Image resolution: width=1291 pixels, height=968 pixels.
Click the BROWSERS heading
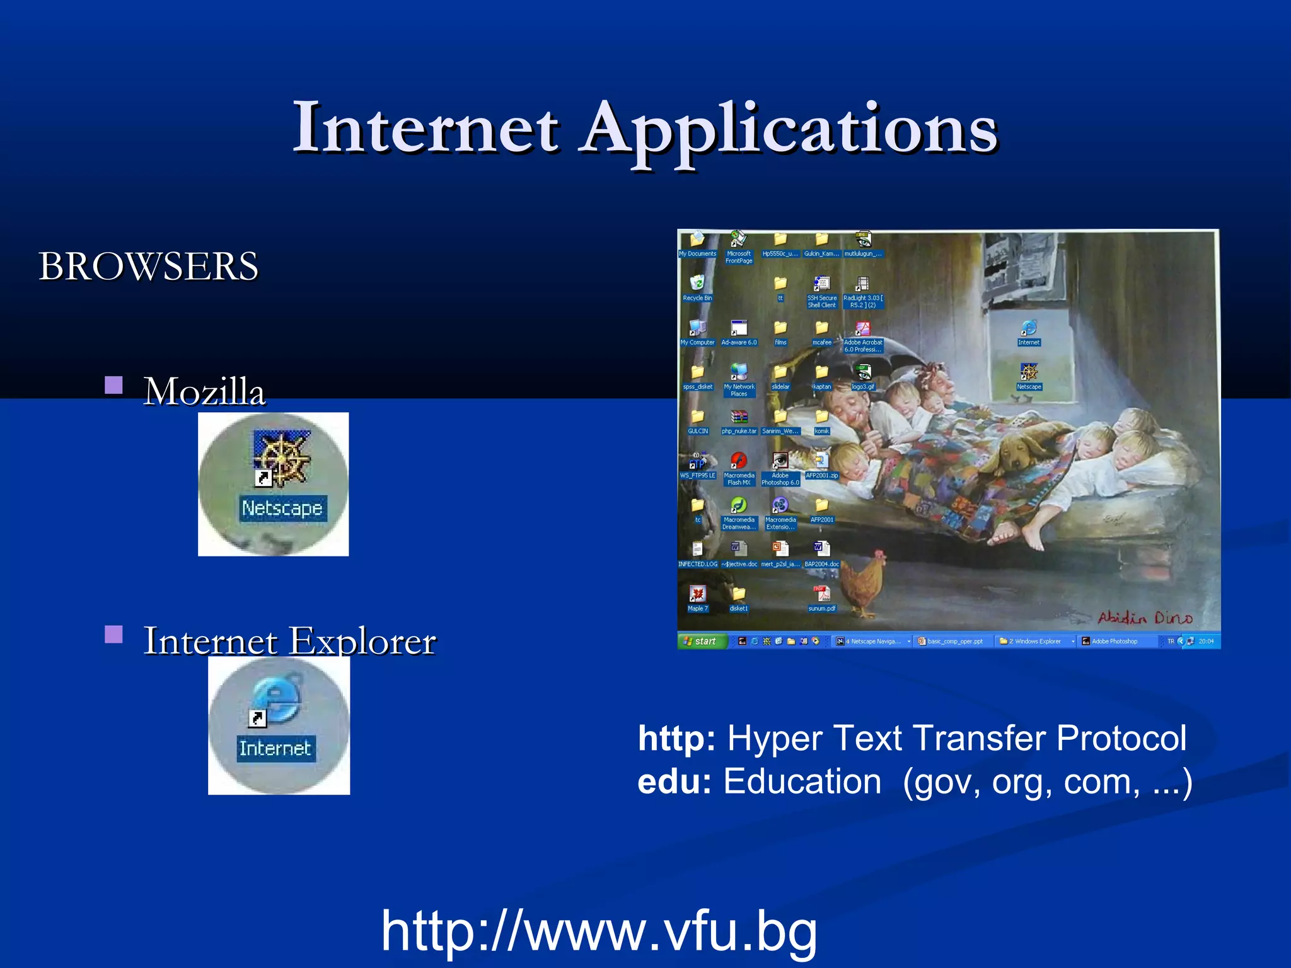tap(149, 266)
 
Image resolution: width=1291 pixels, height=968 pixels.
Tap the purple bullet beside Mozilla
tap(113, 384)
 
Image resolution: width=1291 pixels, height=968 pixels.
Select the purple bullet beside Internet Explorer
tap(113, 634)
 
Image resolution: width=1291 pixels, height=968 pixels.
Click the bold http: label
tap(676, 738)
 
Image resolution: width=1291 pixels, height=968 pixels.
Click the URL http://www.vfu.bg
tap(599, 931)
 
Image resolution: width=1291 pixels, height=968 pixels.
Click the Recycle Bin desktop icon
tap(697, 284)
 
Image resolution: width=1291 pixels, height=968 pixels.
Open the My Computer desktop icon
tap(697, 328)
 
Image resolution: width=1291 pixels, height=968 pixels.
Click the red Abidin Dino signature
tap(1145, 618)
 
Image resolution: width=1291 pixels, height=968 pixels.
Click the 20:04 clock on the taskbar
tap(1206, 642)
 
